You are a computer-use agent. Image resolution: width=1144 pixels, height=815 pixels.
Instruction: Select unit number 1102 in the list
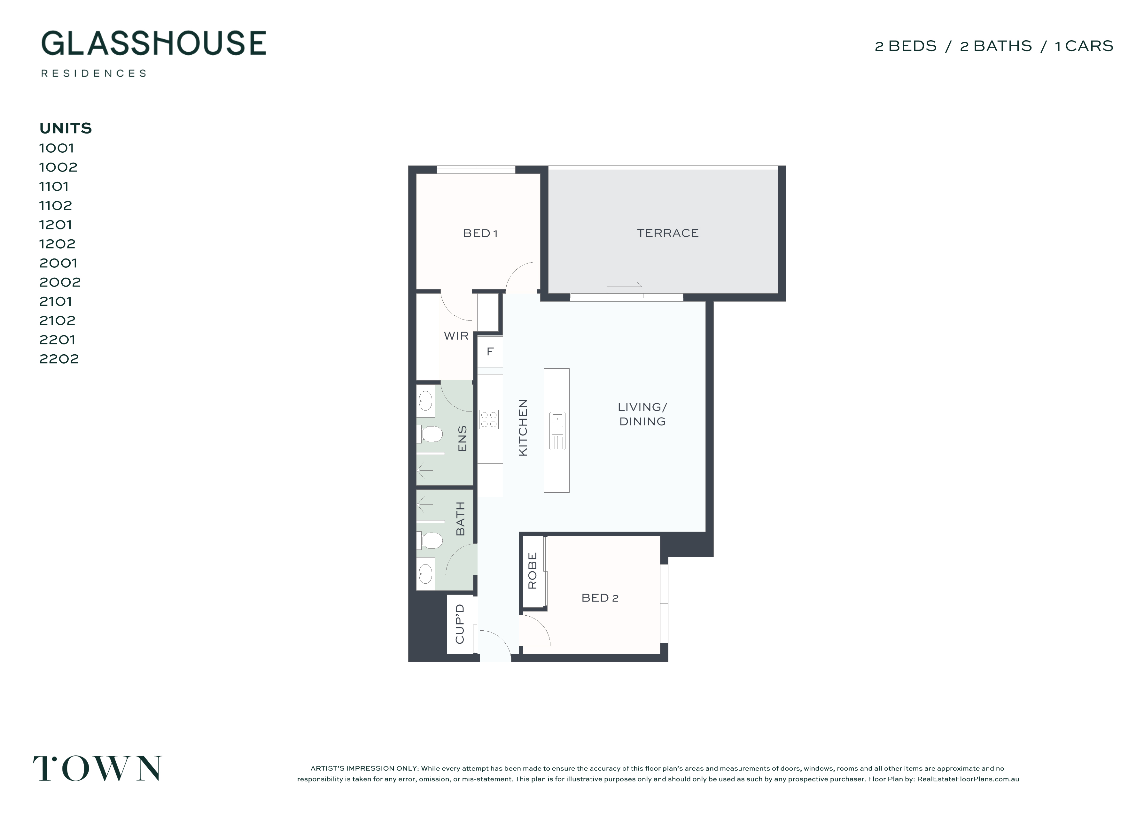(x=56, y=205)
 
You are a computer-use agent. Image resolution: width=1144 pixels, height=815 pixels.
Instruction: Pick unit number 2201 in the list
(x=57, y=340)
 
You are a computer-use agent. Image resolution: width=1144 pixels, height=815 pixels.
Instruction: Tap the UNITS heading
(x=66, y=128)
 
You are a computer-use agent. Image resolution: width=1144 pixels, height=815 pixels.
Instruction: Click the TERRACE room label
(x=668, y=233)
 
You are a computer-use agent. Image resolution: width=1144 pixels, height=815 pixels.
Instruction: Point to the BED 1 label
(x=480, y=233)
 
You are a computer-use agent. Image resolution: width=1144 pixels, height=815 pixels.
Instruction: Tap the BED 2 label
(x=600, y=598)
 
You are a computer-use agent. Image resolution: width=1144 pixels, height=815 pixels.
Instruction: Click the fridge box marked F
(x=490, y=351)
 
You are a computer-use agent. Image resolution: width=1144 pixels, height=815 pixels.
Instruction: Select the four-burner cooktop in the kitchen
(x=489, y=419)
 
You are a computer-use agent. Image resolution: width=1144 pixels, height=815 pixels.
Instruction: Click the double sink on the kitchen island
(x=557, y=431)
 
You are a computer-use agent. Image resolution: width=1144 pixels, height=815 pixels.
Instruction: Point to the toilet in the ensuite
(x=429, y=434)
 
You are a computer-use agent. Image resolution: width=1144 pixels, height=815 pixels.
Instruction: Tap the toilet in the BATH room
(x=429, y=541)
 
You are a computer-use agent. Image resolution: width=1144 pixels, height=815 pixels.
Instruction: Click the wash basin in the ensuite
(x=426, y=401)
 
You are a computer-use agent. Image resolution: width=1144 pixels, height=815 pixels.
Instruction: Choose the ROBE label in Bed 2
(x=533, y=571)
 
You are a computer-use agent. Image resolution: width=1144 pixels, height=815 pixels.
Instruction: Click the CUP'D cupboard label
(x=460, y=624)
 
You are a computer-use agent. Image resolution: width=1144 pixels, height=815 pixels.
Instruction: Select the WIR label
(x=456, y=336)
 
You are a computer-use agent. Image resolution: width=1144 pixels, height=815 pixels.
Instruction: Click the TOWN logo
(x=97, y=768)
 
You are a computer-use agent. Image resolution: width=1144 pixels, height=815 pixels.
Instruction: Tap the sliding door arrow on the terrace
(x=625, y=286)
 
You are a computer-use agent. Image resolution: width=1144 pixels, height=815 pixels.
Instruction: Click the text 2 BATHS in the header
(x=996, y=46)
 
